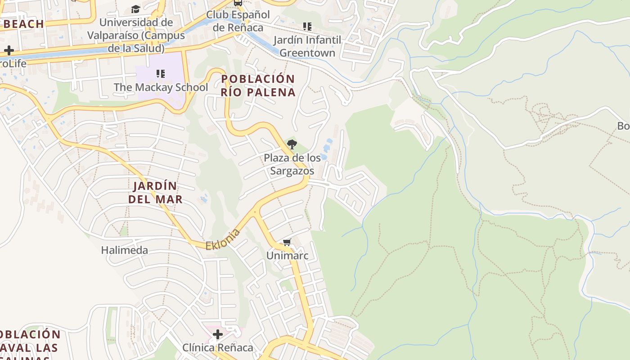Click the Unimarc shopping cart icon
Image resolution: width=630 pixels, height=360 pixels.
click(287, 243)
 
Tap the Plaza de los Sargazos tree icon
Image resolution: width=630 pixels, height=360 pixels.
click(292, 144)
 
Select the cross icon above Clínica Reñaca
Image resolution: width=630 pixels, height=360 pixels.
click(218, 334)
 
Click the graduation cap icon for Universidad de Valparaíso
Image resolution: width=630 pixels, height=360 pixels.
click(135, 9)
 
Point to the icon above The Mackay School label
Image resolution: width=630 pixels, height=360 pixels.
click(161, 73)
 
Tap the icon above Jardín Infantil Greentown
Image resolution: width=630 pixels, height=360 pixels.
click(307, 27)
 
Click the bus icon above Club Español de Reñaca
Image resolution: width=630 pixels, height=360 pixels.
click(238, 3)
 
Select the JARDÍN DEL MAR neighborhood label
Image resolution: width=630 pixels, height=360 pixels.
click(155, 193)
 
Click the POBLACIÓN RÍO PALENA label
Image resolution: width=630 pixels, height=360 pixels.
click(258, 85)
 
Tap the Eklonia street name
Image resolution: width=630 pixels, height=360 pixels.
click(223, 239)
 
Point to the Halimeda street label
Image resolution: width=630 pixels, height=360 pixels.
click(124, 250)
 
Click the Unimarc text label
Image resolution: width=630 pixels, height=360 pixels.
click(287, 256)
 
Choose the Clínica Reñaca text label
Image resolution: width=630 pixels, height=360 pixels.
click(218, 348)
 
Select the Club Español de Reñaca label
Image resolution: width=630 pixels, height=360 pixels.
click(238, 21)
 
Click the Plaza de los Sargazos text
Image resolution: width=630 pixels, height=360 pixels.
click(292, 164)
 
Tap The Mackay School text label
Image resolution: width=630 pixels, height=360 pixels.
click(161, 87)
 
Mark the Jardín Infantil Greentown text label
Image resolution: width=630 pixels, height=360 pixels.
click(307, 46)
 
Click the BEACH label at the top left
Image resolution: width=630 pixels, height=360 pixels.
click(23, 24)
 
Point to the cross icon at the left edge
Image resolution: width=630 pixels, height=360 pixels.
click(9, 50)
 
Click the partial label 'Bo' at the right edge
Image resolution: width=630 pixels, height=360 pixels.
click(623, 126)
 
